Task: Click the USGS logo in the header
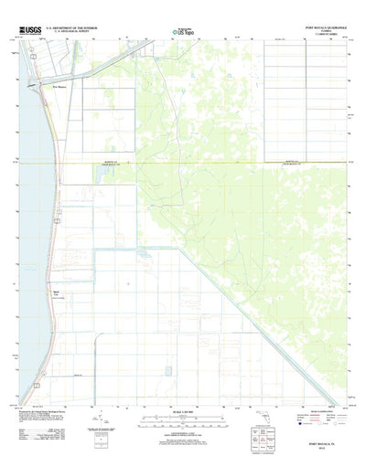point(27,30)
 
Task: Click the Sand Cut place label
point(56,293)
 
